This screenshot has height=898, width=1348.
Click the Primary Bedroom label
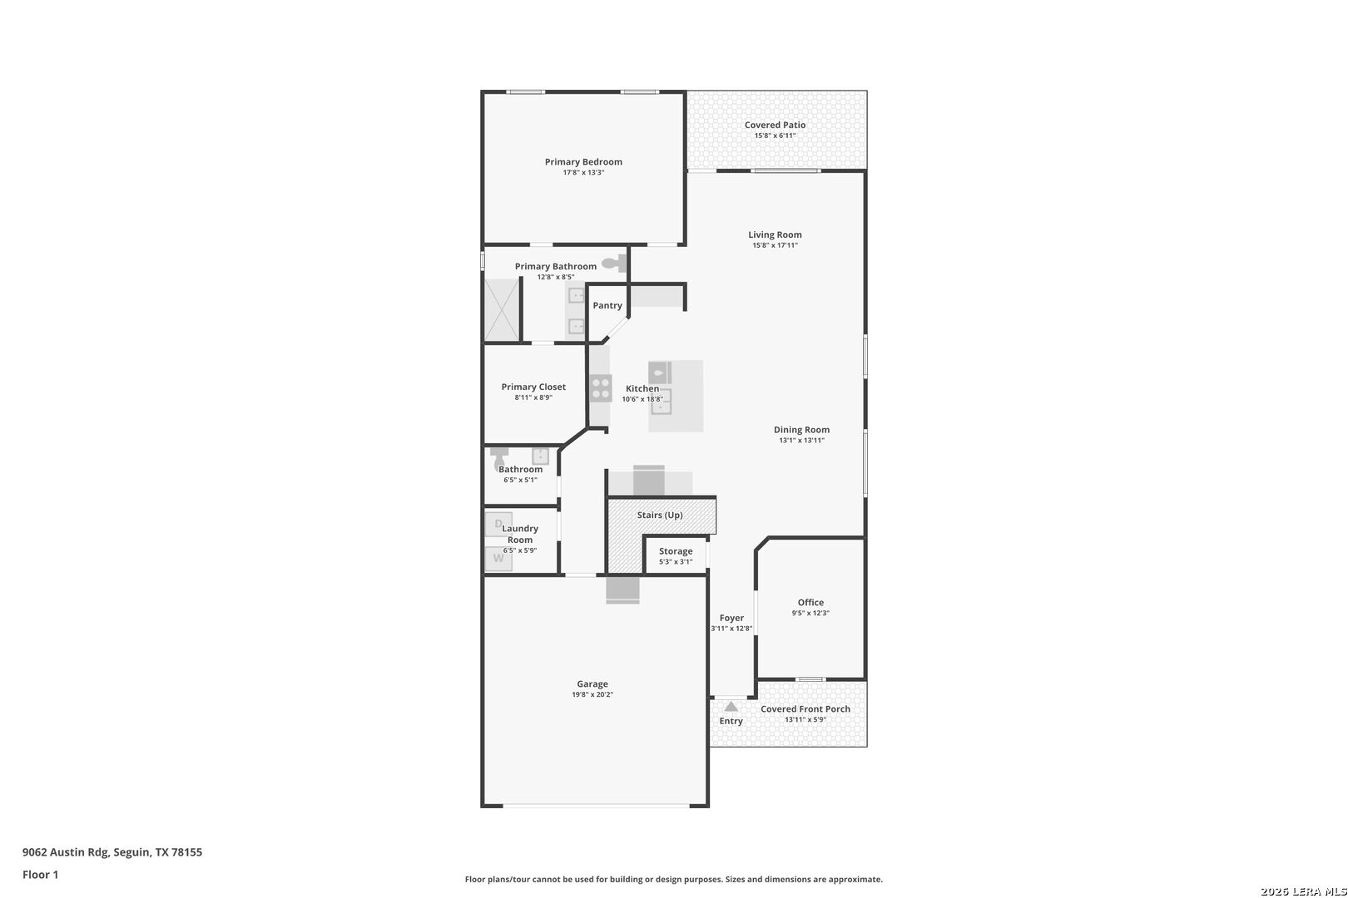(583, 162)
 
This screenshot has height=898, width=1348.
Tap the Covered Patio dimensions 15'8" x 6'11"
(775, 136)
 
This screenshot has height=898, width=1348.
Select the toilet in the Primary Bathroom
(615, 263)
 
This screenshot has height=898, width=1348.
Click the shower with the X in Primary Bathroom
(502, 308)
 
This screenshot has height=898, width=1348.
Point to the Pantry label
(607, 305)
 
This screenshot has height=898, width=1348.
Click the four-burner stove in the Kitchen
(600, 388)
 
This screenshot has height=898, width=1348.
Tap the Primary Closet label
(533, 387)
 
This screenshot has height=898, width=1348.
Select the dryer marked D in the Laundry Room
(498, 524)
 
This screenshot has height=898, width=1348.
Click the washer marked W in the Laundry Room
(498, 558)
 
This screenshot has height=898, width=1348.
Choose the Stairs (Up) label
(660, 515)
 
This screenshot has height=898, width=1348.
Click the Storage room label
(676, 551)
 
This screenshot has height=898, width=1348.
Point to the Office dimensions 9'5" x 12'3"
(810, 613)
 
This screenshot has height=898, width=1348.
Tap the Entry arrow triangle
(731, 706)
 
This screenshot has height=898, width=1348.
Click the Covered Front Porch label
(805, 709)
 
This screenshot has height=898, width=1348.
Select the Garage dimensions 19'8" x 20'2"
(592, 694)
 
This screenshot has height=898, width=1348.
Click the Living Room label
(775, 234)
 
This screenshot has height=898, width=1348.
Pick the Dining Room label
(801, 430)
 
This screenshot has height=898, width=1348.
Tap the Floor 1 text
(40, 875)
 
